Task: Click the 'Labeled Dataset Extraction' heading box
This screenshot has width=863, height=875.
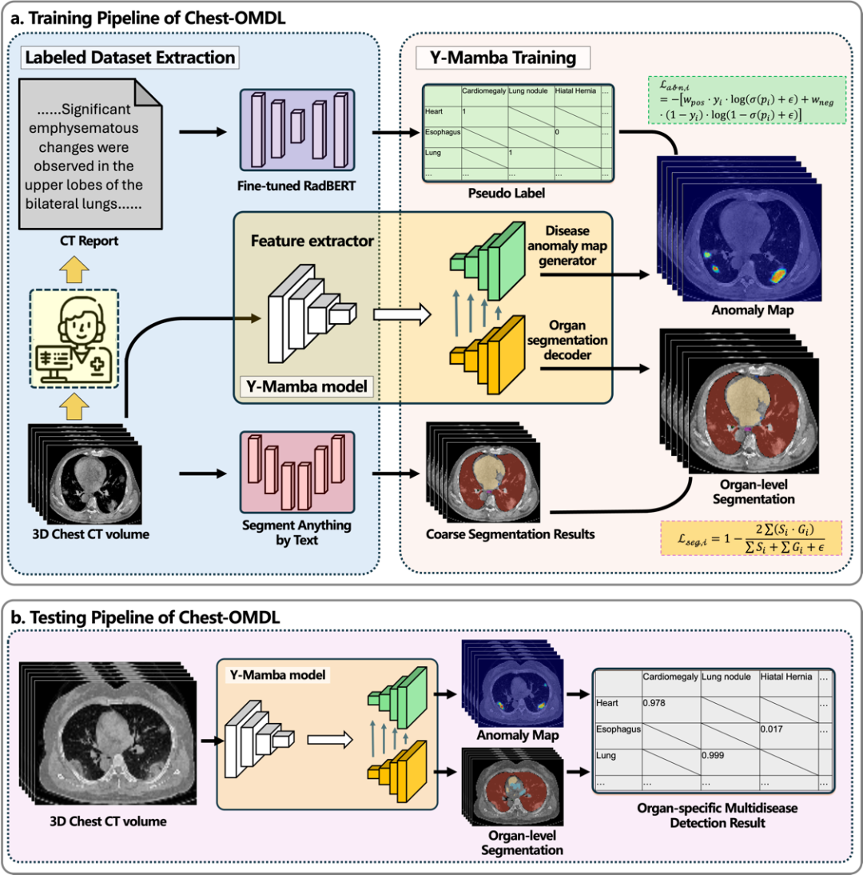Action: pyautogui.click(x=130, y=58)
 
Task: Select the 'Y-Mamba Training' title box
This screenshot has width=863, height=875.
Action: pyautogui.click(x=503, y=58)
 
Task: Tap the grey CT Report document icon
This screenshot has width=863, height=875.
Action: pyautogui.click(x=90, y=154)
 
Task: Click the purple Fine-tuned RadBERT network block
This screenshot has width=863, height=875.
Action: pyautogui.click(x=297, y=130)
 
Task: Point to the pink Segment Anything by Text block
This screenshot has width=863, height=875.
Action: pyautogui.click(x=297, y=472)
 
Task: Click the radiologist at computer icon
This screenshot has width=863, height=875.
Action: pyautogui.click(x=74, y=338)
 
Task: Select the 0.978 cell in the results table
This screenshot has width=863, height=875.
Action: pyautogui.click(x=654, y=703)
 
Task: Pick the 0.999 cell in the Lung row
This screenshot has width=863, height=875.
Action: pyautogui.click(x=713, y=756)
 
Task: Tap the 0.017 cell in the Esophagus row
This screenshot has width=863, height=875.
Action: pyautogui.click(x=772, y=729)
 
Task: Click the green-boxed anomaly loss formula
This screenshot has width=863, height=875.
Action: pyautogui.click(x=747, y=100)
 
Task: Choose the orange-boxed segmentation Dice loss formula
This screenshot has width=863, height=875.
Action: pyautogui.click(x=751, y=538)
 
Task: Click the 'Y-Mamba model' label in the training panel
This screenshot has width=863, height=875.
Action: pyautogui.click(x=307, y=387)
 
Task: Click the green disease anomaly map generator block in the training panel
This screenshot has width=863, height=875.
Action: pyautogui.click(x=487, y=262)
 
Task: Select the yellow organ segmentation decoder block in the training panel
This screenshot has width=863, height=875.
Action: pyautogui.click(x=487, y=355)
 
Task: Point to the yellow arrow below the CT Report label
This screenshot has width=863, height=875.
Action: pyautogui.click(x=74, y=270)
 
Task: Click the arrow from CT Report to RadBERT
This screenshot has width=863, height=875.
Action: pyautogui.click(x=203, y=132)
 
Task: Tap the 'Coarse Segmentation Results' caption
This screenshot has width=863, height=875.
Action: pyautogui.click(x=510, y=534)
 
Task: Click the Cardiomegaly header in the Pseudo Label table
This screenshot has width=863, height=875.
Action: pyautogui.click(x=484, y=91)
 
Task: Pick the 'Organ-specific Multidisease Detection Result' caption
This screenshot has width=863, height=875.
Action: pyautogui.click(x=718, y=815)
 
